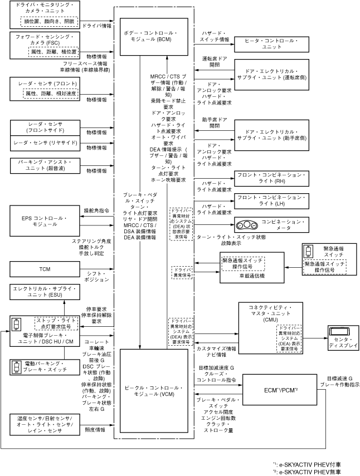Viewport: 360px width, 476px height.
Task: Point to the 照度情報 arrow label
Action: tap(95, 430)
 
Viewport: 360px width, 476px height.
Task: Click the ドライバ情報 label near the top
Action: tap(96, 25)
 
